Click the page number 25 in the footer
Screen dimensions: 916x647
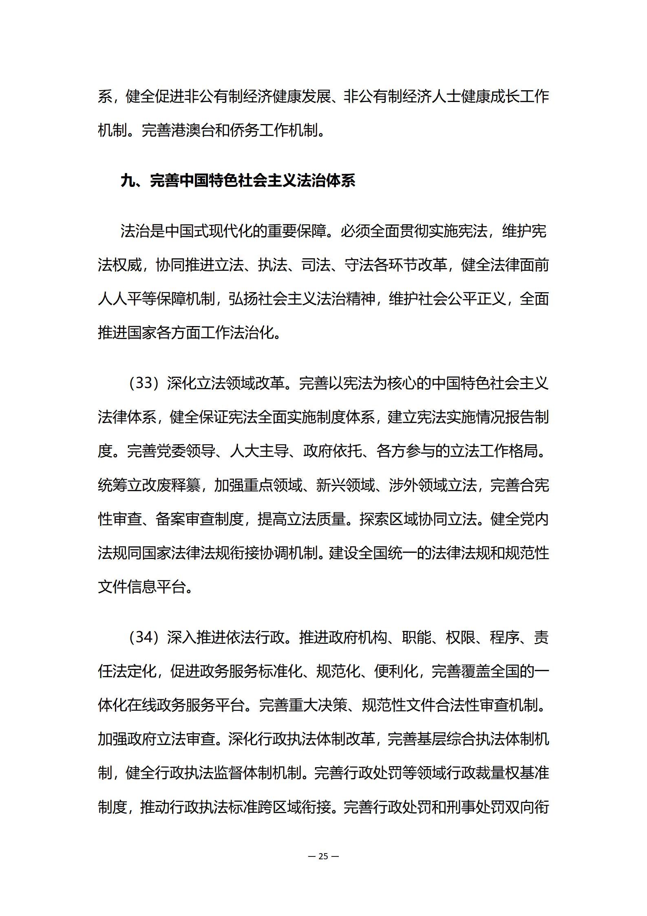click(323, 856)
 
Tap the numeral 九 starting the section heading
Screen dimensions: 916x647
click(128, 180)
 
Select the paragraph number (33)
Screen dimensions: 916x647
click(144, 383)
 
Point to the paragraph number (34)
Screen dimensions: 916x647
click(144, 637)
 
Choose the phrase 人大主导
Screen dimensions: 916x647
click(259, 451)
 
